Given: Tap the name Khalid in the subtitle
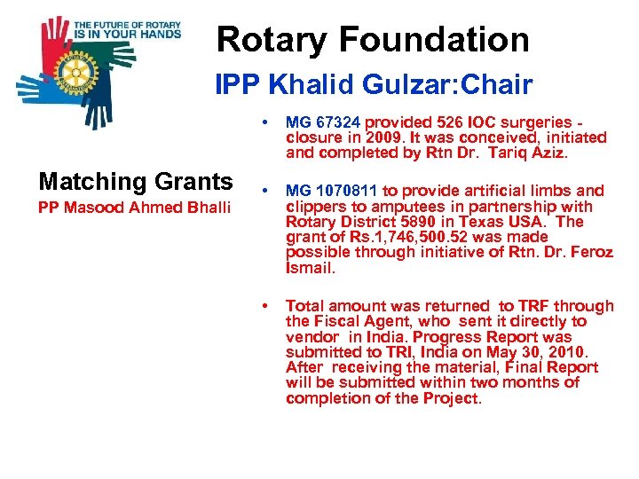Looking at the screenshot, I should coord(313,85).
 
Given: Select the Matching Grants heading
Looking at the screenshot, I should coord(136,182).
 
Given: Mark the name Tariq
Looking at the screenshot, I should coord(512,153).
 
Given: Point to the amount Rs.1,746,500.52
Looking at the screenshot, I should coord(390,238).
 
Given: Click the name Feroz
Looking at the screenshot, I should coord(591,252).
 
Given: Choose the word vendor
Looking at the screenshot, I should coord(312,337).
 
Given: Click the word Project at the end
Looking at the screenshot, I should coord(453,398).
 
